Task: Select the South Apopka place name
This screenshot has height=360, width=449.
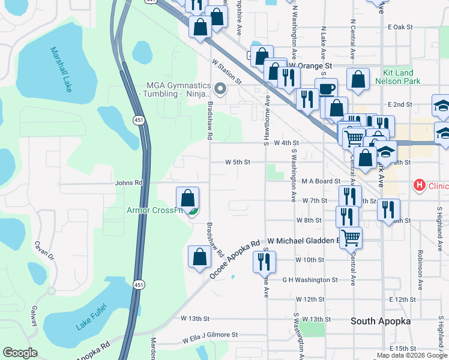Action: pyautogui.click(x=381, y=321)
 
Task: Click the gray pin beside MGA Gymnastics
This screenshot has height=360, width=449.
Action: pyautogui.click(x=220, y=90)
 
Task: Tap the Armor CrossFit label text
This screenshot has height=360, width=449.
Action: pyautogui.click(x=154, y=210)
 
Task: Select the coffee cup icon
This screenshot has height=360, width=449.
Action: pyautogui.click(x=326, y=89)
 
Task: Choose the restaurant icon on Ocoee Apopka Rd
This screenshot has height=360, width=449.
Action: pyautogui.click(x=264, y=261)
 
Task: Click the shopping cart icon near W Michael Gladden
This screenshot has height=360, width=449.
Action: pyautogui.click(x=351, y=236)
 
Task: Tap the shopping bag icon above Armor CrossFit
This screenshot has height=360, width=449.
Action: pyautogui.click(x=187, y=197)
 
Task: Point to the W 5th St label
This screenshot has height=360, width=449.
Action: pyautogui.click(x=238, y=162)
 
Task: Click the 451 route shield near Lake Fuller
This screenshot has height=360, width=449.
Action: pyautogui.click(x=139, y=284)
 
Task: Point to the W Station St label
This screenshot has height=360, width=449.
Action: pyautogui.click(x=226, y=71)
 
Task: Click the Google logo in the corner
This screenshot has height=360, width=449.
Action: pyautogui.click(x=20, y=353)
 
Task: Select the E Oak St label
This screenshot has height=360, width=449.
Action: pyautogui.click(x=401, y=27)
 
